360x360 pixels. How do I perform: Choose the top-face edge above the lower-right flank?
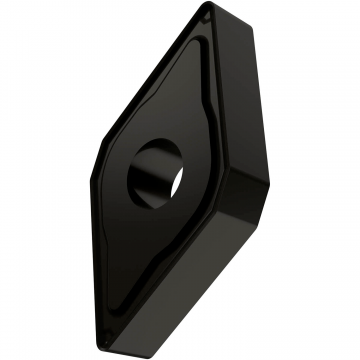coord(190,255)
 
